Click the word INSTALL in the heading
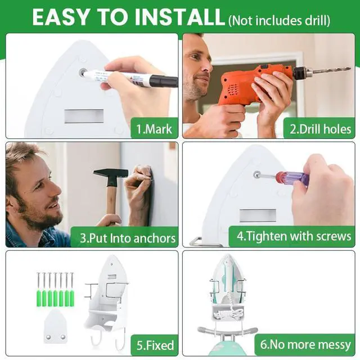(179, 17)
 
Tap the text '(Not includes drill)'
(279, 21)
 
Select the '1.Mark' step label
(154, 129)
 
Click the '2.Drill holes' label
(320, 129)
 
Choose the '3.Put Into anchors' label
(128, 238)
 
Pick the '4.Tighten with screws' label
(294, 236)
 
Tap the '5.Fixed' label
(155, 345)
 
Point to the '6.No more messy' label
(305, 344)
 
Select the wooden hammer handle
(112, 202)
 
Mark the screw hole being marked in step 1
(83, 72)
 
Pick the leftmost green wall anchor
(39, 298)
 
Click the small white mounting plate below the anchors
(55, 327)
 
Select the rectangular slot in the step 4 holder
(258, 216)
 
